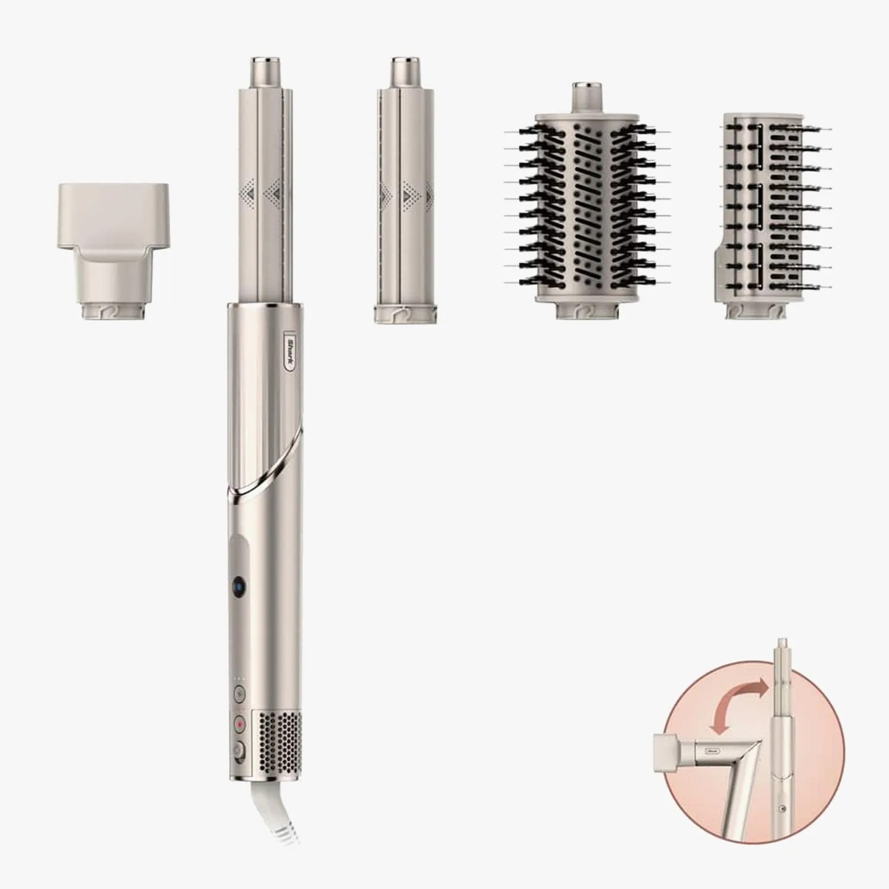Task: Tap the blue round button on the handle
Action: point(238,584)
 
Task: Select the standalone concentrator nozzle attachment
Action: point(113,249)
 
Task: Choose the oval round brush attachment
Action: point(587,207)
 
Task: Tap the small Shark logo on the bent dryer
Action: point(713,750)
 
